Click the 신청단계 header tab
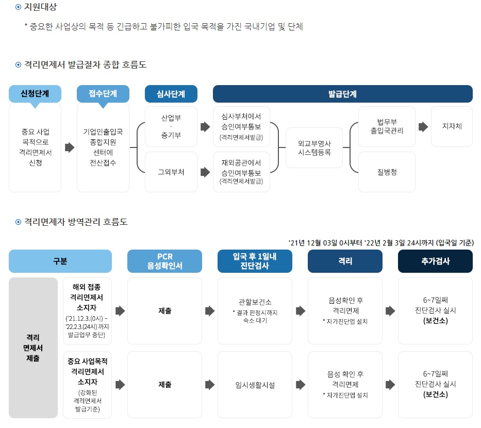point(35,94)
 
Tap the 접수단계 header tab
point(103,94)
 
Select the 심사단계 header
point(171,94)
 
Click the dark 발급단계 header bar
point(342,94)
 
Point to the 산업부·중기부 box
point(171,127)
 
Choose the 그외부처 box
point(171,172)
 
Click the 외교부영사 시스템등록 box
point(314,147)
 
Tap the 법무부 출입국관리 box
point(387,126)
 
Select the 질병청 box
point(387,172)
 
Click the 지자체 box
point(452,126)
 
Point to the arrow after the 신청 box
point(69,148)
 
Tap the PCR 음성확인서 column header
point(164,261)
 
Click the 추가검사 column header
point(435,261)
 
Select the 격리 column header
point(345,261)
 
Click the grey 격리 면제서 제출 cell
point(33,348)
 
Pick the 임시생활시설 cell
point(255,385)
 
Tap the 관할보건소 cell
point(255,310)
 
